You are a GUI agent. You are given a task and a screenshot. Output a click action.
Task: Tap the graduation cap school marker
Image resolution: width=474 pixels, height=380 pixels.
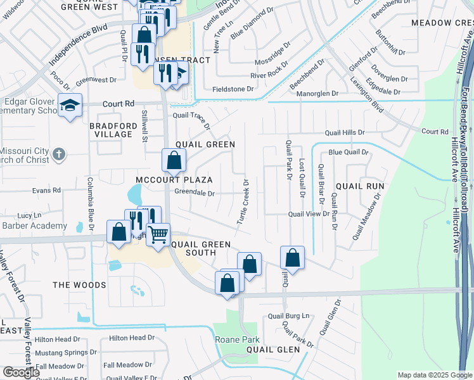click(70, 105)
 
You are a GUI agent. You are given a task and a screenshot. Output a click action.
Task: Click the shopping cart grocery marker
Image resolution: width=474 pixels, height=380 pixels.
click(158, 235)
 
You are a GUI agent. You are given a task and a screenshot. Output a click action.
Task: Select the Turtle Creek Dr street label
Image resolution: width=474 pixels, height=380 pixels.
click(242, 202)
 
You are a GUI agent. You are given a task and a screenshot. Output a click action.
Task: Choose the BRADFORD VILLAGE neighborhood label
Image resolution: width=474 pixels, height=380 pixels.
click(113, 130)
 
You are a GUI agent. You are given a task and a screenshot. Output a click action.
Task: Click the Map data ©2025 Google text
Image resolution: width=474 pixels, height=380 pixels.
click(435, 375)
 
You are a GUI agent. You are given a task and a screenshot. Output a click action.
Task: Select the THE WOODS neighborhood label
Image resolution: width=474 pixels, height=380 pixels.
click(79, 285)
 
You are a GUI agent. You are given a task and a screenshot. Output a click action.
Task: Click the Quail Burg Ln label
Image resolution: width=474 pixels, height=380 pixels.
click(288, 315)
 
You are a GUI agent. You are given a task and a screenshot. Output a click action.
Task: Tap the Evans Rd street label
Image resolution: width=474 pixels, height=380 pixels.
click(47, 190)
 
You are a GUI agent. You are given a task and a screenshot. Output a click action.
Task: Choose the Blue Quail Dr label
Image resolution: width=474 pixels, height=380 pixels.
click(348, 152)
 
